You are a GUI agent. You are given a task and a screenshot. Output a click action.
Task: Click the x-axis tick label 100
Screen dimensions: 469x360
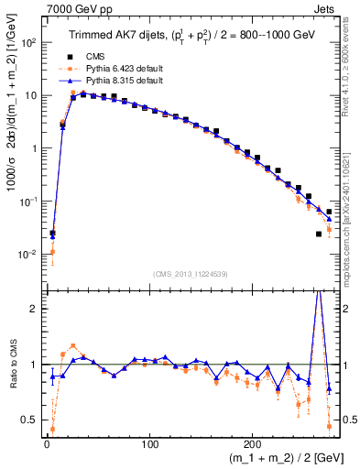point(149,439)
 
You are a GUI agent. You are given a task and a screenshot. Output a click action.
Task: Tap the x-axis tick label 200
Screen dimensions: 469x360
point(252,439)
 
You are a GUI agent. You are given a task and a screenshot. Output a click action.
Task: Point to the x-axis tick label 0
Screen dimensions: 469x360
point(47,439)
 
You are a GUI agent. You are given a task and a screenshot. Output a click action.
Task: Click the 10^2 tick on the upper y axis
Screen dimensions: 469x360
point(28,42)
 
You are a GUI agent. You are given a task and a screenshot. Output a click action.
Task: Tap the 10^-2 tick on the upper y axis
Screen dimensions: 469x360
point(28,254)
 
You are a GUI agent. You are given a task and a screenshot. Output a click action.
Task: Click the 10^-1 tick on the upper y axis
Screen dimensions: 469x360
point(28,201)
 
